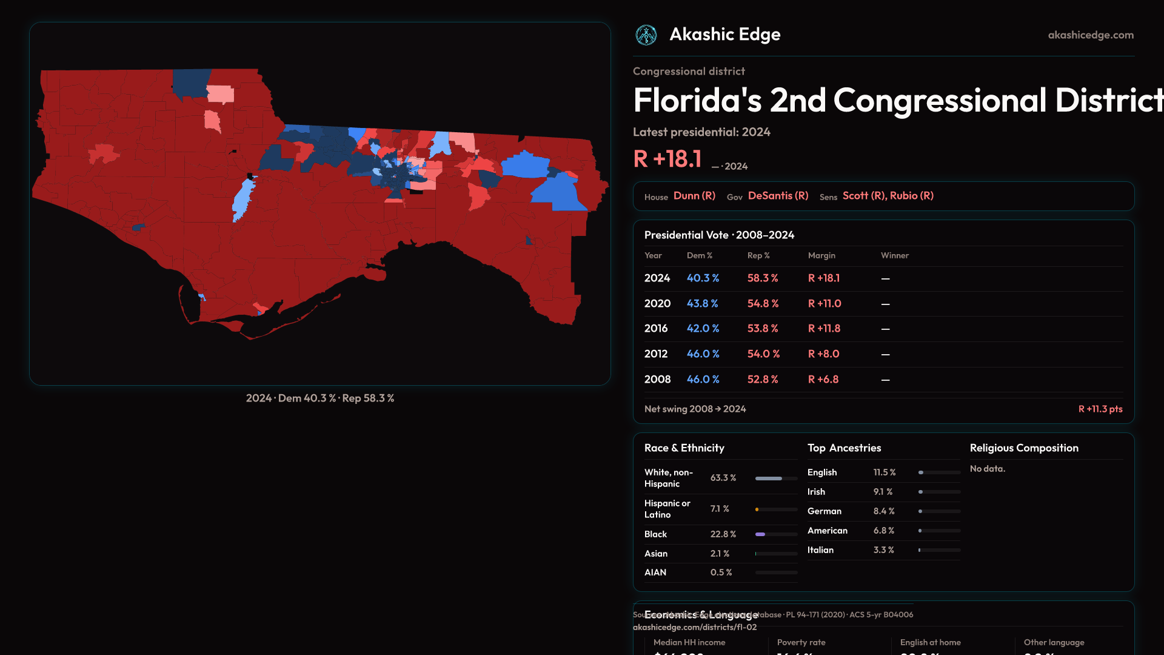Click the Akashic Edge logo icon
pos(646,35)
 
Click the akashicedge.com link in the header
pos(1091,35)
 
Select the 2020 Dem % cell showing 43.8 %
pos(702,303)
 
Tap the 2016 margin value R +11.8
pos(824,328)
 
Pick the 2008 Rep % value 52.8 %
pos(763,379)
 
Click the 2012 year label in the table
pos(655,354)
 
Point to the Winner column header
pos(894,255)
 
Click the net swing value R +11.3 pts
pos(1100,409)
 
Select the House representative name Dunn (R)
pos(694,196)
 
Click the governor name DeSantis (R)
pos(778,196)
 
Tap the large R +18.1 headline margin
pos(667,159)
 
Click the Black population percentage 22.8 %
pos(723,534)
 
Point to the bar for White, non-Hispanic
pos(776,479)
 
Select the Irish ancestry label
pos(816,492)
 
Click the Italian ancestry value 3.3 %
pos(883,550)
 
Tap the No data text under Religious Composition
pos(987,469)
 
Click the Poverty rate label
pos(801,642)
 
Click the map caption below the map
pos(319,398)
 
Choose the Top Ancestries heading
pos(844,448)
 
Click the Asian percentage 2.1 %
pos(720,554)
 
